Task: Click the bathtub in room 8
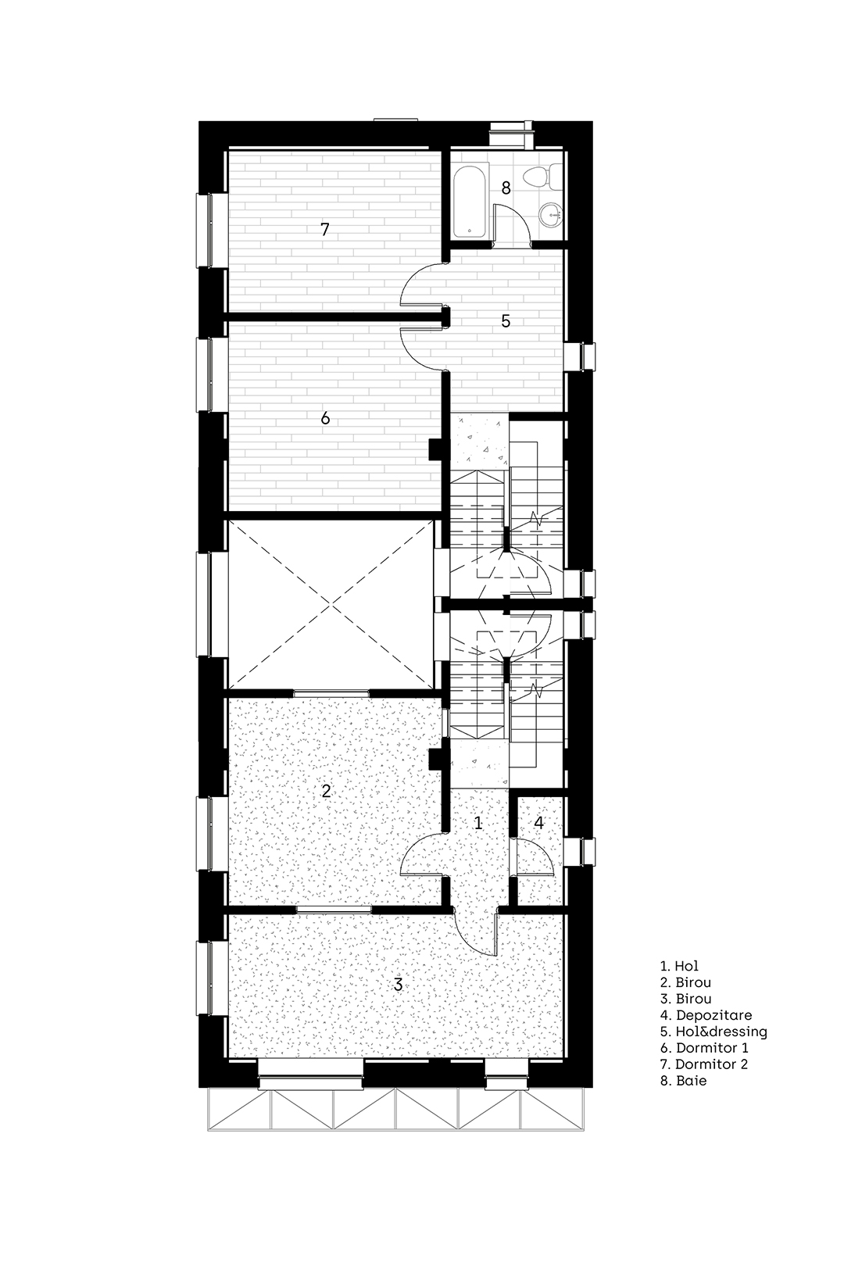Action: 470,201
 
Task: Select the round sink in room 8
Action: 551,215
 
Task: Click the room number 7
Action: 324,230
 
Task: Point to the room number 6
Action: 325,417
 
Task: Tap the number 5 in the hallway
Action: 506,321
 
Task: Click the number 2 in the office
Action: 326,791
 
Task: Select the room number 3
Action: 398,985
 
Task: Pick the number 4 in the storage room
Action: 538,823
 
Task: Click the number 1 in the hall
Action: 477,823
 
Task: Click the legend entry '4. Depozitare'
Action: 706,1016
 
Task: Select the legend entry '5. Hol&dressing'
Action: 713,1032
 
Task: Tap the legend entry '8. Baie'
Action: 684,1081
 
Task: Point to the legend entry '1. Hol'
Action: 679,967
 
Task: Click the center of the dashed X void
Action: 332,604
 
